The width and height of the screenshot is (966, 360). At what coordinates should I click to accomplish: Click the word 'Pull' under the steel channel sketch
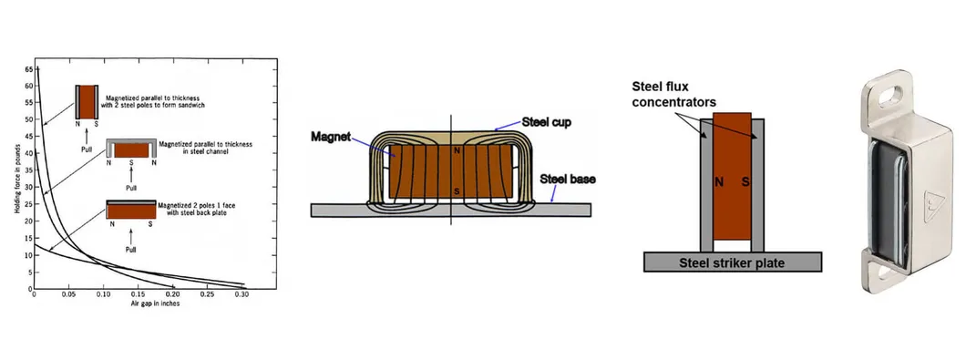(130, 187)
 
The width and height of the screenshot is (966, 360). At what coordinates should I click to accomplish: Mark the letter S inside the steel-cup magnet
(457, 192)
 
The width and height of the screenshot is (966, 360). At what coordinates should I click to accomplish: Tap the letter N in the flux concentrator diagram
(719, 181)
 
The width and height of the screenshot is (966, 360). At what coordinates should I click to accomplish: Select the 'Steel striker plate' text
(733, 262)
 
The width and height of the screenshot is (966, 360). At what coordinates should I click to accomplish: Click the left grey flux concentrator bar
(705, 187)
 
